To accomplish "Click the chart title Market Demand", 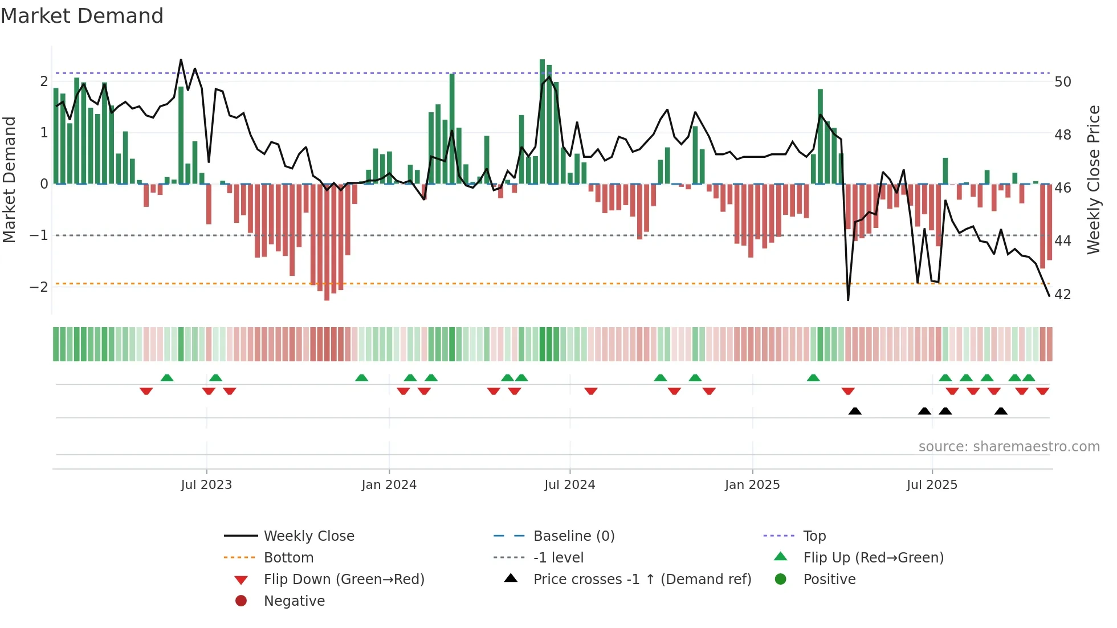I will pyautogui.click(x=82, y=16).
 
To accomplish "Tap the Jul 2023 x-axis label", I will pyautogui.click(x=206, y=485).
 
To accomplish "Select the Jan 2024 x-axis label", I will pyautogui.click(x=389, y=485).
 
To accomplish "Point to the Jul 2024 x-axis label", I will pyautogui.click(x=569, y=485).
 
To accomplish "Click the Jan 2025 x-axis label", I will pyautogui.click(x=752, y=485).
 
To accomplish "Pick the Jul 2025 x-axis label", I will pyautogui.click(x=932, y=485).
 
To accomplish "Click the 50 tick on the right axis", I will pyautogui.click(x=1063, y=82).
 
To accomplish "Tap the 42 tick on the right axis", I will pyautogui.click(x=1063, y=295).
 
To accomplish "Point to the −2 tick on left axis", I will pyautogui.click(x=39, y=287).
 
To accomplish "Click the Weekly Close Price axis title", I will pyautogui.click(x=1093, y=180).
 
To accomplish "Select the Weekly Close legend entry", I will pyautogui.click(x=308, y=536).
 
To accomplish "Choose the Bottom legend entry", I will pyautogui.click(x=288, y=558).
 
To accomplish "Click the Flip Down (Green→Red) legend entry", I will pyautogui.click(x=344, y=580).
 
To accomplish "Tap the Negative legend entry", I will pyautogui.click(x=294, y=601).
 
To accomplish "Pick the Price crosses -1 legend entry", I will pyautogui.click(x=642, y=580).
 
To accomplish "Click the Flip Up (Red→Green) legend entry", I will pyautogui.click(x=873, y=558).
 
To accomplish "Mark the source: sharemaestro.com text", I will pyautogui.click(x=1009, y=447).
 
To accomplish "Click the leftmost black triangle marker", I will pyautogui.click(x=855, y=411).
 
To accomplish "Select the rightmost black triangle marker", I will pyautogui.click(x=1001, y=411).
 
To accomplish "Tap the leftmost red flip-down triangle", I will pyautogui.click(x=146, y=391).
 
